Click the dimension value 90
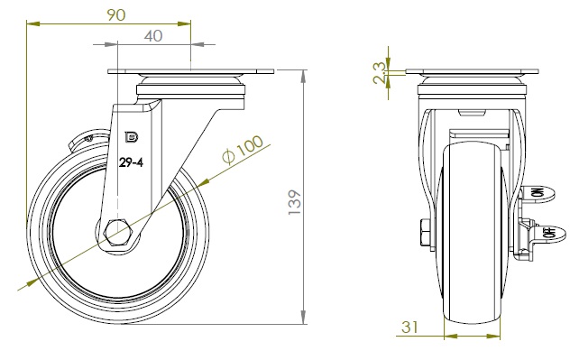click(116, 14)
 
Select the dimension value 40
click(153, 36)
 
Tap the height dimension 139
click(295, 202)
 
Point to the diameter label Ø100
click(243, 149)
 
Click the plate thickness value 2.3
click(379, 73)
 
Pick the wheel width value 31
click(409, 327)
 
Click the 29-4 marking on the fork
click(131, 162)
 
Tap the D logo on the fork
click(132, 137)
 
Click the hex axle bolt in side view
click(118, 232)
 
